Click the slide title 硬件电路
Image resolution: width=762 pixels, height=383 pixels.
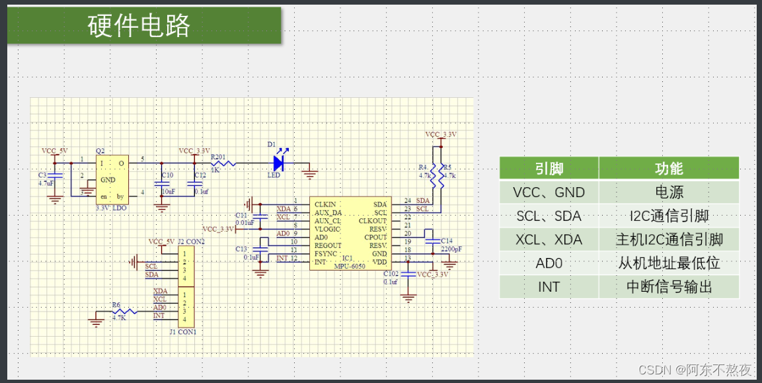tap(139, 26)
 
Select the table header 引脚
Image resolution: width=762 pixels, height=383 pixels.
tap(549, 168)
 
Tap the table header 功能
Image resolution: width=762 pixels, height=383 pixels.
tap(668, 168)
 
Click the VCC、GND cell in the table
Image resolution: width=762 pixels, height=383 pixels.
tap(549, 192)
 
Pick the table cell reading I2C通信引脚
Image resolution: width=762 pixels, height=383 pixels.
tap(668, 216)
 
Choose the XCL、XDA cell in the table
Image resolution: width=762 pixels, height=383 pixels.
tap(549, 239)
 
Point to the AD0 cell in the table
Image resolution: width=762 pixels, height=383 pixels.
tap(549, 263)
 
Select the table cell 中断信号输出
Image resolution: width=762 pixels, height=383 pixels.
tap(668, 286)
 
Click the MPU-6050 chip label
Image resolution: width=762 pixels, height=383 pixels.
tap(350, 265)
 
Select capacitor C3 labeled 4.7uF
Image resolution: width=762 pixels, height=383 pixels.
tap(56, 177)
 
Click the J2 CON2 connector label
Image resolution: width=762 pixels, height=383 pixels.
tap(191, 241)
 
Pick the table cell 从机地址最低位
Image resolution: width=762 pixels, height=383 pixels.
tap(668, 263)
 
